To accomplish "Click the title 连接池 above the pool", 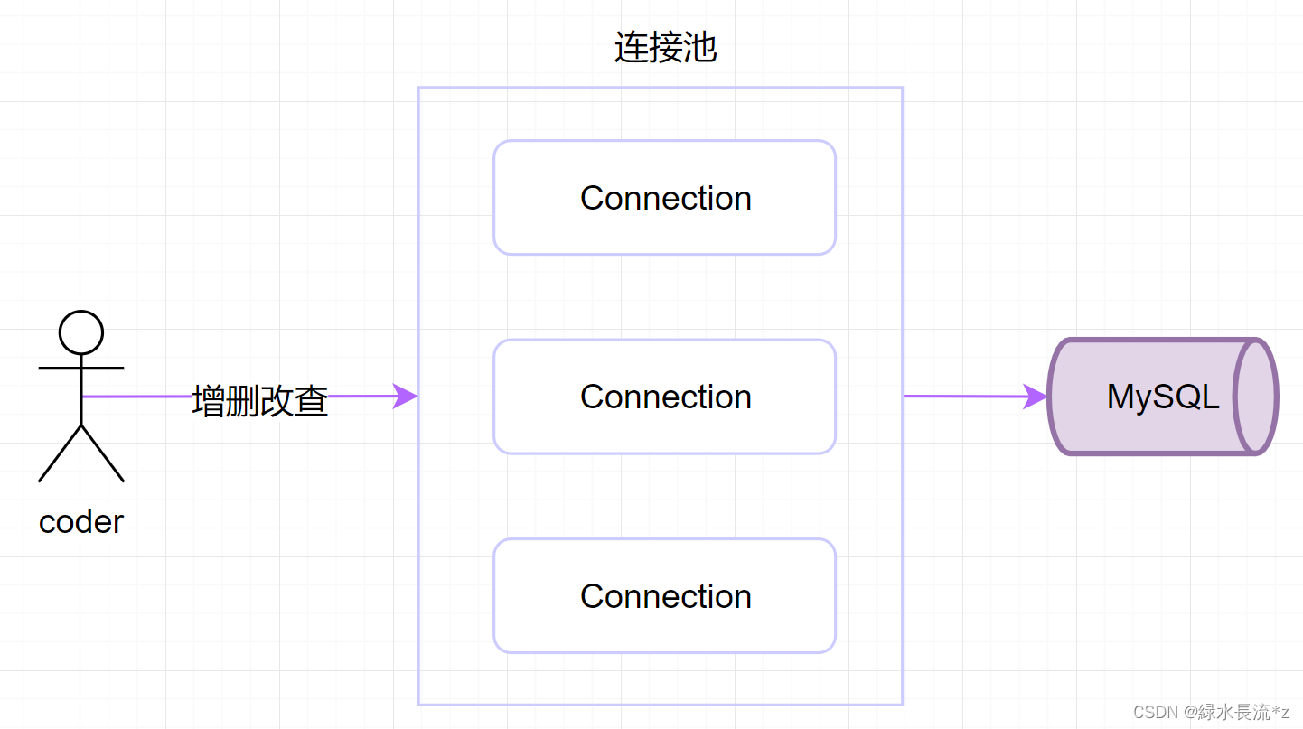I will pos(665,48).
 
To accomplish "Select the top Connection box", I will pos(664,198).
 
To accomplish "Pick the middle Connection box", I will pos(664,397).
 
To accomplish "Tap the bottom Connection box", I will pos(664,596).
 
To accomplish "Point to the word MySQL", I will pos(1163,397).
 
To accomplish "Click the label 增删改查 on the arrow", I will pos(260,401).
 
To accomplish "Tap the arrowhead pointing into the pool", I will pos(406,397).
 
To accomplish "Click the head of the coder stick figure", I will pos(81,332).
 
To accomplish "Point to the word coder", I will pos(81,522).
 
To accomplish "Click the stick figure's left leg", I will pos(60,453).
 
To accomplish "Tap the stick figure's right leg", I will pos(103,453).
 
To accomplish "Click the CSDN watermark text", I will pos(1156,713).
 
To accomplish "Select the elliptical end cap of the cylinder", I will pos(1257,397).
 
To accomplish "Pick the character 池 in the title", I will pos(700,48).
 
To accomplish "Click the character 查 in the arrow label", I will pos(311,401).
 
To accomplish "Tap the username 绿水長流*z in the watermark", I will pos(1242,713).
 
